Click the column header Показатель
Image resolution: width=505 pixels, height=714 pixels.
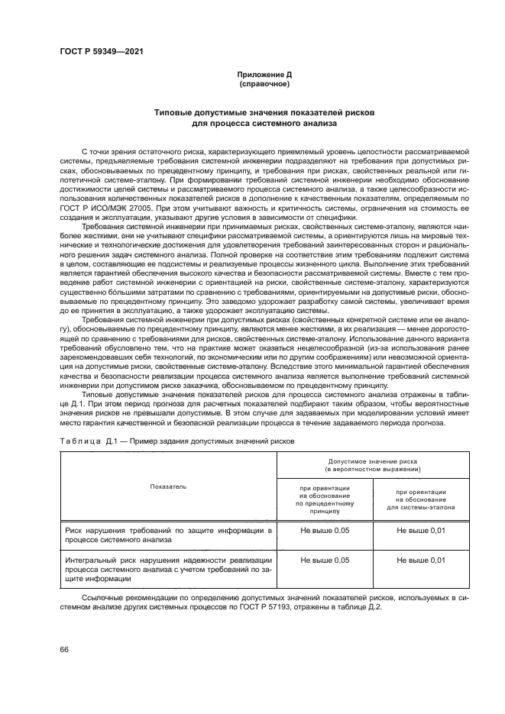(167, 486)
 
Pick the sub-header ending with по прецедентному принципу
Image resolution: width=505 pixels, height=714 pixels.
(325, 500)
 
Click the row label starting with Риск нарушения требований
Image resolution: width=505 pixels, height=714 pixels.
(168, 533)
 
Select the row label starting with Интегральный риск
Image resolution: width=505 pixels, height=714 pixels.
(168, 568)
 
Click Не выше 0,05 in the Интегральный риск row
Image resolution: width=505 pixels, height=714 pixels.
(325, 560)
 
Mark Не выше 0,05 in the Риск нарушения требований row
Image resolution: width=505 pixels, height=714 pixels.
(325, 528)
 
